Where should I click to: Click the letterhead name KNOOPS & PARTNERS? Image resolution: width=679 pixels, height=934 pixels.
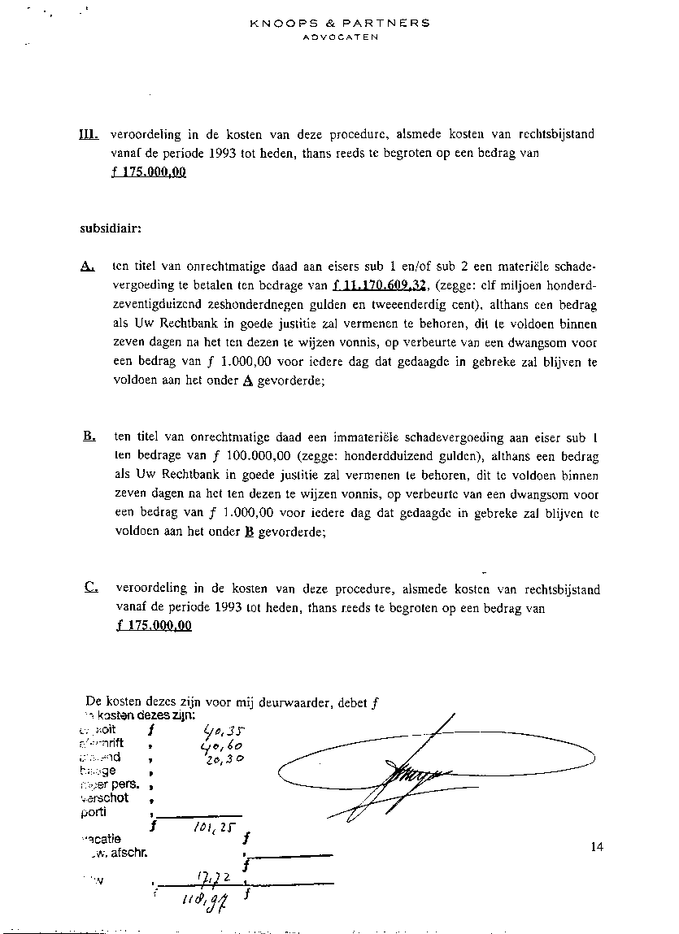[340, 24]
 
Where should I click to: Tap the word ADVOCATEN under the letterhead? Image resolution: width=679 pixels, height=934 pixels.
[340, 37]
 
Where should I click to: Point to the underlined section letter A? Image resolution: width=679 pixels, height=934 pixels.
[89, 267]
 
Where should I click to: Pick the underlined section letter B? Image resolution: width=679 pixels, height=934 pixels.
[89, 437]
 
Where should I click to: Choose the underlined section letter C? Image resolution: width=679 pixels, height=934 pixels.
[91, 588]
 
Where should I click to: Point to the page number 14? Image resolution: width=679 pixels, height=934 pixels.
[598, 848]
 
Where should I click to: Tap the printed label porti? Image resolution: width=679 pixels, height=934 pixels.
[94, 812]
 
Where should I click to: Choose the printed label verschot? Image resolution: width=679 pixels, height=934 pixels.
[105, 798]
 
